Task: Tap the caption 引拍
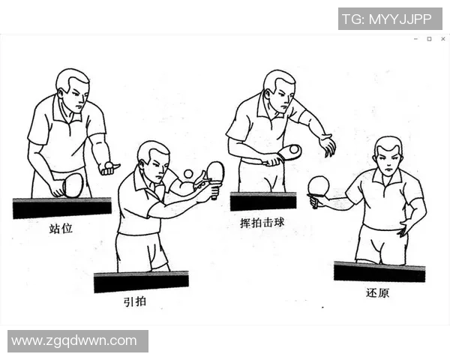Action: pyautogui.click(x=136, y=301)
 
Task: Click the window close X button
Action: pyautogui.click(x=442, y=38)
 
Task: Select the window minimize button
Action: pyautogui.click(x=415, y=38)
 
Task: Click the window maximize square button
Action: pyautogui.click(x=429, y=38)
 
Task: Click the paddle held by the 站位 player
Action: pyautogui.click(x=73, y=184)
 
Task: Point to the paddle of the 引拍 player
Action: pyautogui.click(x=215, y=172)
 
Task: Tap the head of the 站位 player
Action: pyautogui.click(x=73, y=86)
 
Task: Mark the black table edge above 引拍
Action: pyautogui.click(x=141, y=282)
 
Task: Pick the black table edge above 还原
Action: pyautogui.click(x=379, y=271)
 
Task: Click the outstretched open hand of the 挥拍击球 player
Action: pyautogui.click(x=327, y=144)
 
